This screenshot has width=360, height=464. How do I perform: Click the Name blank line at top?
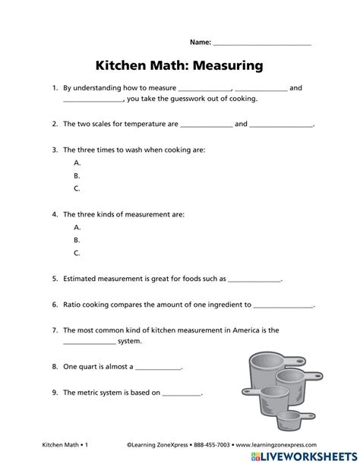(x=262, y=44)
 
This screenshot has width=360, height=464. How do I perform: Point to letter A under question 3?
(x=77, y=163)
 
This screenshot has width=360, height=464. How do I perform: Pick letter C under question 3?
(x=77, y=188)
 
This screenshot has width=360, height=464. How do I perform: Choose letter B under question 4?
(x=77, y=240)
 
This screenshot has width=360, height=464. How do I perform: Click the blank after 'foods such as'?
(x=255, y=279)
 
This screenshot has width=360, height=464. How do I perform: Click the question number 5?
(x=55, y=279)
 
